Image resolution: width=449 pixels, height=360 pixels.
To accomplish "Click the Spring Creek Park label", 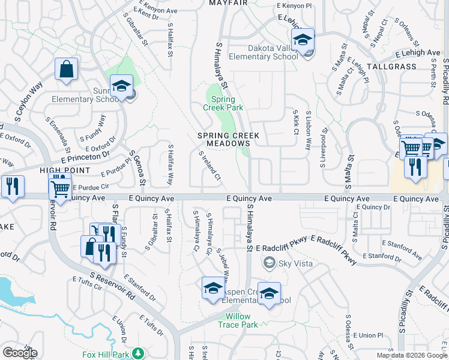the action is (223, 103).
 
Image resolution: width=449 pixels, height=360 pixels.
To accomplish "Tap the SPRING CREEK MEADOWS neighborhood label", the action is (224, 140).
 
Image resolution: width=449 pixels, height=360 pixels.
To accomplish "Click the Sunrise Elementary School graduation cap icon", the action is (121, 86).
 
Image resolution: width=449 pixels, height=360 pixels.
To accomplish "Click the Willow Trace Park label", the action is (242, 320).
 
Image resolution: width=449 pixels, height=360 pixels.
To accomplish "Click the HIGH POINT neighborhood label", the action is (60, 170).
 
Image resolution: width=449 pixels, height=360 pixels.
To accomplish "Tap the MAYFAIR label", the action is (228, 3).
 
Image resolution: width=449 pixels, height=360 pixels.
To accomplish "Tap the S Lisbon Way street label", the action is (309, 129).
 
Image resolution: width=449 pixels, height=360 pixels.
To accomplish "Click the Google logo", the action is (20, 352).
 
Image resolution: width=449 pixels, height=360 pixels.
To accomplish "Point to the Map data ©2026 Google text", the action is (411, 355).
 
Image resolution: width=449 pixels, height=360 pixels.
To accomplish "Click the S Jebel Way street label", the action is (223, 268).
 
